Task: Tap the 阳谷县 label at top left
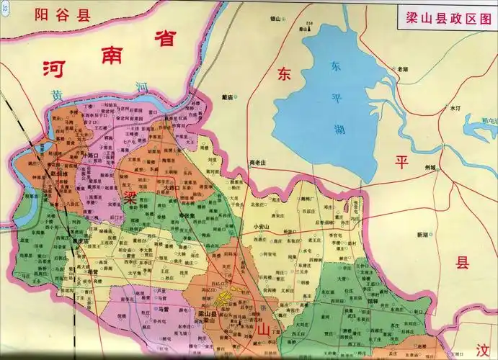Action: [63, 14]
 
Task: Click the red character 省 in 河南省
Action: [164, 39]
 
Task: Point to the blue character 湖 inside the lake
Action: [339, 130]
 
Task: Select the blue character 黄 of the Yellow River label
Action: [56, 95]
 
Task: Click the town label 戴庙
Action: [228, 96]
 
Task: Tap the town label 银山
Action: [275, 19]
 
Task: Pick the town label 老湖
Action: [402, 69]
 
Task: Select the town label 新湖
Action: [422, 235]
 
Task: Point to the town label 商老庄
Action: [257, 162]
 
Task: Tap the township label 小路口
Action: [91, 156]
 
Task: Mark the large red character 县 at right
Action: [461, 264]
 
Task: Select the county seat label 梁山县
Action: [208, 314]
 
